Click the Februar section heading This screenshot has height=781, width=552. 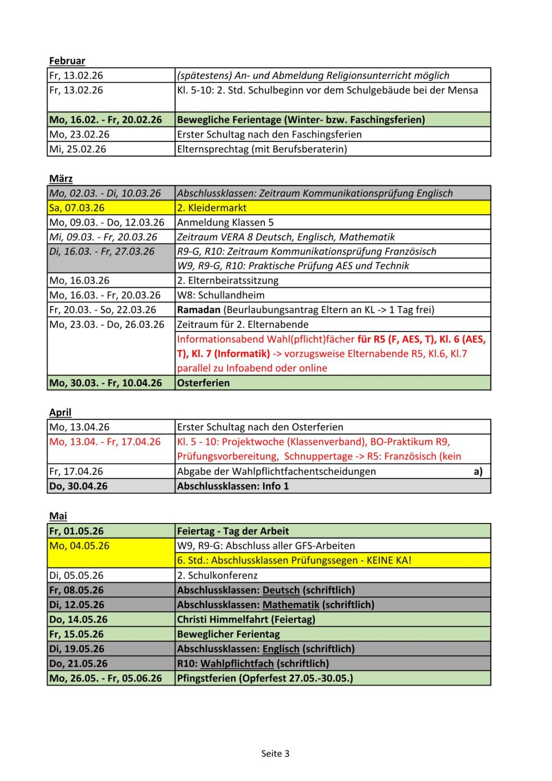click(67, 61)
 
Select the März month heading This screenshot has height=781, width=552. click(61, 179)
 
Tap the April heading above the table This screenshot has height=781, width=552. click(60, 413)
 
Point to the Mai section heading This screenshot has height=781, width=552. click(58, 516)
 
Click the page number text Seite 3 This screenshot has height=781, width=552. click(275, 754)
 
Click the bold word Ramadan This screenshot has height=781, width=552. click(199, 310)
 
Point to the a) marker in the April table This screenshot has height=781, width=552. click(478, 472)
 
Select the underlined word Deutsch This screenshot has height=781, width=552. click(281, 590)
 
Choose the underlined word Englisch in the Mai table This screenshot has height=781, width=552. click(281, 649)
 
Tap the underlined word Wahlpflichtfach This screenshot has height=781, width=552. click(237, 664)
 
